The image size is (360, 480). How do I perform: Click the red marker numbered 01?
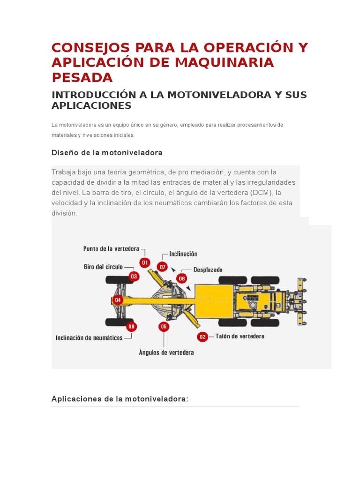click(145, 263)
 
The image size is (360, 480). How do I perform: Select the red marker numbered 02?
click(202, 337)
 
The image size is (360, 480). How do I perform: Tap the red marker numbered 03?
click(134, 277)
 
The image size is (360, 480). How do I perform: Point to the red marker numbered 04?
click(118, 300)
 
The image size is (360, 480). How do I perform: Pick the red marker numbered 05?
click(164, 326)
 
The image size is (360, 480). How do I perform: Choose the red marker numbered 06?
click(181, 278)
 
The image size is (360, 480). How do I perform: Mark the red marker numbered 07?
click(162, 267)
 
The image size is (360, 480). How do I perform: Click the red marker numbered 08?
click(131, 326)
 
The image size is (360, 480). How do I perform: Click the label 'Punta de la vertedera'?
click(111, 248)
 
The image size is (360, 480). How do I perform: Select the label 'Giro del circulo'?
click(103, 267)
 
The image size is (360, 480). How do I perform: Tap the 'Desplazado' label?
click(208, 270)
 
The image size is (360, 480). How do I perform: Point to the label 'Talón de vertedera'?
click(240, 336)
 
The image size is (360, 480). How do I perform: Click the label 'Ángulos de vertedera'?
click(166, 352)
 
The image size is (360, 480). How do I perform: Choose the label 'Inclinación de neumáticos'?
click(89, 337)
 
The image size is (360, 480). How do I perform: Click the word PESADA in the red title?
click(82, 77)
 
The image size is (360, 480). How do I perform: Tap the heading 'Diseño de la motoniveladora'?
click(107, 153)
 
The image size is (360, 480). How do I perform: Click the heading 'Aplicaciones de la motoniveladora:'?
click(120, 399)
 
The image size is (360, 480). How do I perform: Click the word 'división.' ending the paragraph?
click(64, 213)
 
